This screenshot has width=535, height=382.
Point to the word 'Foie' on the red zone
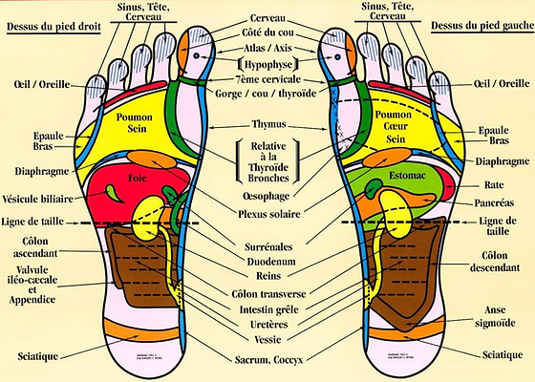136,178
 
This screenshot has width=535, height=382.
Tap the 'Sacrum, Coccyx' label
270,362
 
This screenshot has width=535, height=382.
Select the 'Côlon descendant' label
495,262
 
